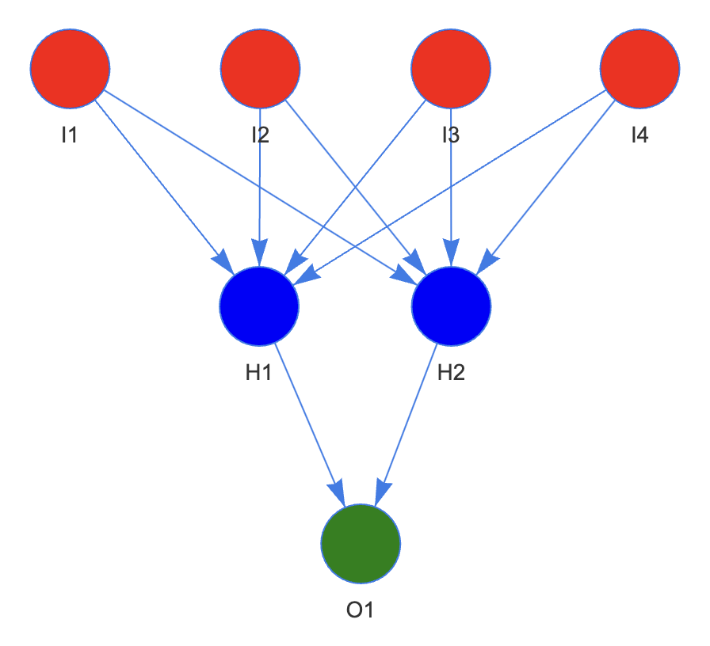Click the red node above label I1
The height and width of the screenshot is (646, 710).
point(70,69)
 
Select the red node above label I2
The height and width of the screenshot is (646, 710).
point(260,69)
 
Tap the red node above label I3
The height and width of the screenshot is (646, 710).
point(451,69)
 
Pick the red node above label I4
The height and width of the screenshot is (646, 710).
point(640,69)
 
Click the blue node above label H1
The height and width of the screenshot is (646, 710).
point(259,306)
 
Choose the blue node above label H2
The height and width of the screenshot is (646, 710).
point(451,306)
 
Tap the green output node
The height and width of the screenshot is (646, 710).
point(361,543)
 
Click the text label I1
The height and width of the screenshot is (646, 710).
point(70,135)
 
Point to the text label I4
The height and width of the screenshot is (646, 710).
point(639,135)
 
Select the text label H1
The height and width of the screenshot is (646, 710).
point(259,373)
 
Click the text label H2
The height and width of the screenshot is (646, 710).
point(451,373)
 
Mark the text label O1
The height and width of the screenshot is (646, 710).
point(361,610)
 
